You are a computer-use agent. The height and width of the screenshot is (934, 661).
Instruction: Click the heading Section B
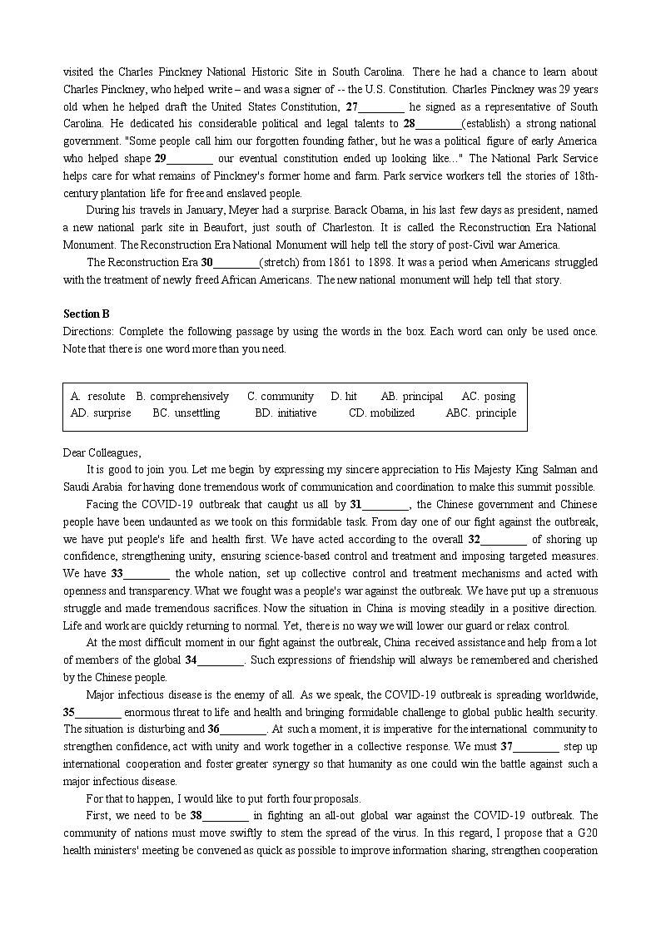point(87,314)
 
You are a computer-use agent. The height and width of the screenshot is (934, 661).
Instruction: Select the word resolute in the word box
point(107,397)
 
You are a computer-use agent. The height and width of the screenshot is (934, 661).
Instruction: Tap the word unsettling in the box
point(197,413)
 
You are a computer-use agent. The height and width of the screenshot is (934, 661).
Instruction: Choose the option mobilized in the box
point(392,413)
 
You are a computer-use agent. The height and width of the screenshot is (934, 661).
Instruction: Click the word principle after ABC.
point(495,413)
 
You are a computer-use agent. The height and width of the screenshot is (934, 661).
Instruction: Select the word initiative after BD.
point(296,413)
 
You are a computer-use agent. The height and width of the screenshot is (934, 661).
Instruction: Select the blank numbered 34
point(221,660)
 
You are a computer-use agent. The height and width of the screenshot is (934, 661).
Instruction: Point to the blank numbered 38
point(226,816)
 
